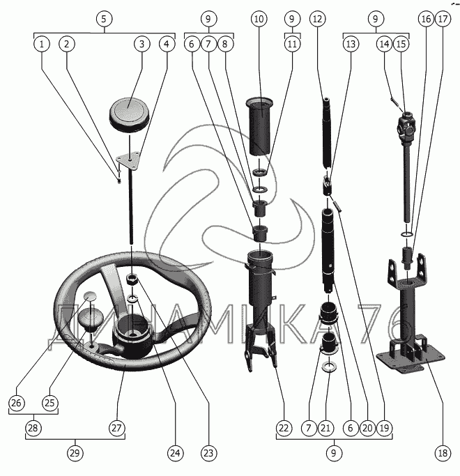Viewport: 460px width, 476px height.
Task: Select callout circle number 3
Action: pyautogui.click(x=141, y=44)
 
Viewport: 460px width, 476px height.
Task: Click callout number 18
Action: pyautogui.click(x=443, y=452)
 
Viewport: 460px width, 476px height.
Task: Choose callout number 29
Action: pyautogui.click(x=75, y=452)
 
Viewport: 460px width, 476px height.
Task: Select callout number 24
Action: pyautogui.click(x=176, y=452)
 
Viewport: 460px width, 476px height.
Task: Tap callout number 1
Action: pyautogui.click(x=43, y=44)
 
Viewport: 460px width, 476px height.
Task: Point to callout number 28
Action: pyautogui.click(x=33, y=427)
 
